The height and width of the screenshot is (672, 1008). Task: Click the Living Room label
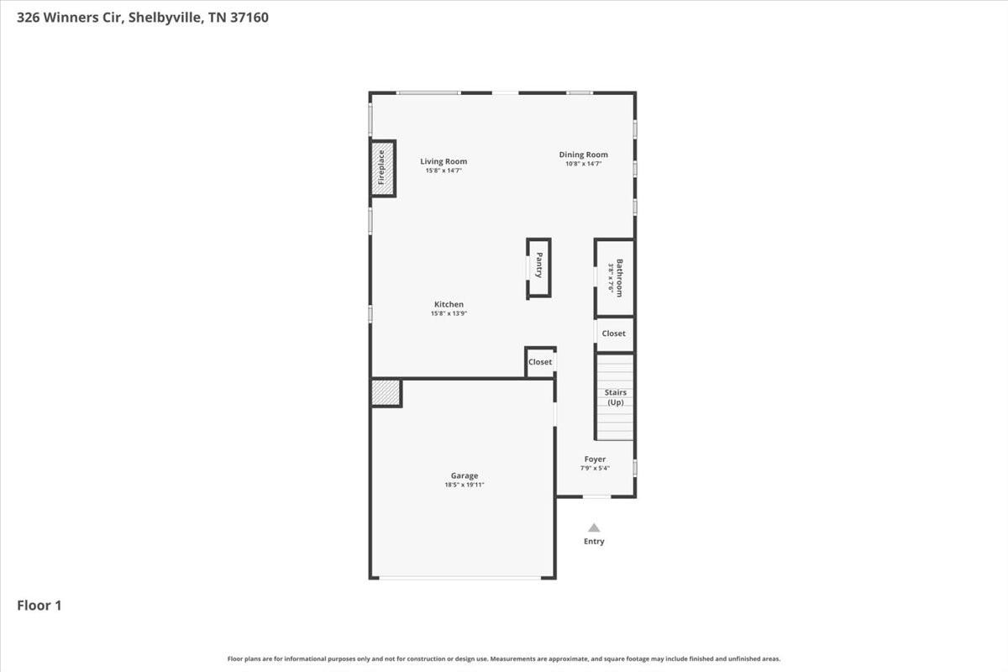click(444, 161)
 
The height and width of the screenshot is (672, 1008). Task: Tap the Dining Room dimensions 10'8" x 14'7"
click(583, 164)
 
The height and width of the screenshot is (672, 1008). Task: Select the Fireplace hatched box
click(382, 168)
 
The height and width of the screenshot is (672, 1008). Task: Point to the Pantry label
click(539, 265)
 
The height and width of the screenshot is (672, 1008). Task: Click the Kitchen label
click(449, 304)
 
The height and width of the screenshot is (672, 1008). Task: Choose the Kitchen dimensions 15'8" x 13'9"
click(449, 313)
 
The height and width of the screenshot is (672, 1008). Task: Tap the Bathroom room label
click(619, 278)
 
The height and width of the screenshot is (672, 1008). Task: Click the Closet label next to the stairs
click(613, 333)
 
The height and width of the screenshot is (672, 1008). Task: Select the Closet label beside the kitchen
click(540, 362)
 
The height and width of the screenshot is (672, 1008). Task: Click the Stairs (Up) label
click(615, 397)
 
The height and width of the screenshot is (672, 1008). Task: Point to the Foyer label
click(595, 459)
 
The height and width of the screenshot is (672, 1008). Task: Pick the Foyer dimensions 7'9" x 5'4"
click(595, 468)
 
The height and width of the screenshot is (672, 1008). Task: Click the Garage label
click(465, 475)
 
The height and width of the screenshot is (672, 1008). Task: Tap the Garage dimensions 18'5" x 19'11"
click(465, 485)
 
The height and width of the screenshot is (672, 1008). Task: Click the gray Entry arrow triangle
click(594, 528)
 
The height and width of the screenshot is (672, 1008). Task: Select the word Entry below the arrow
click(594, 542)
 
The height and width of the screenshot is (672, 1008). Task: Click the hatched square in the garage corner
click(386, 393)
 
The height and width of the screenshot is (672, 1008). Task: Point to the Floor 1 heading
click(39, 606)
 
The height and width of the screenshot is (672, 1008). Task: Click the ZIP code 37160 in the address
click(249, 18)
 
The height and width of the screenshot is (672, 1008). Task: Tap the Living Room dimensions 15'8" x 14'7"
click(444, 171)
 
